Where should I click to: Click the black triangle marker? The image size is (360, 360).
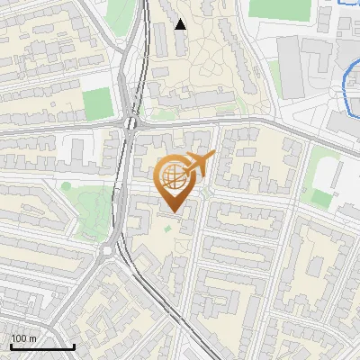pos(181,24)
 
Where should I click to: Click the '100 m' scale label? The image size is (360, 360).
pos(24,338)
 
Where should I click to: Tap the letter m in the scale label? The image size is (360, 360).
pos(32,338)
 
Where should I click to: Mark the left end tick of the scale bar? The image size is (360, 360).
pos(11,346)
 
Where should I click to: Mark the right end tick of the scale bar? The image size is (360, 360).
pos(74,346)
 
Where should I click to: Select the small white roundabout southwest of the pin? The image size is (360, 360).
pos(110,251)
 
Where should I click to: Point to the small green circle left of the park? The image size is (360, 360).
pos(66,186)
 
